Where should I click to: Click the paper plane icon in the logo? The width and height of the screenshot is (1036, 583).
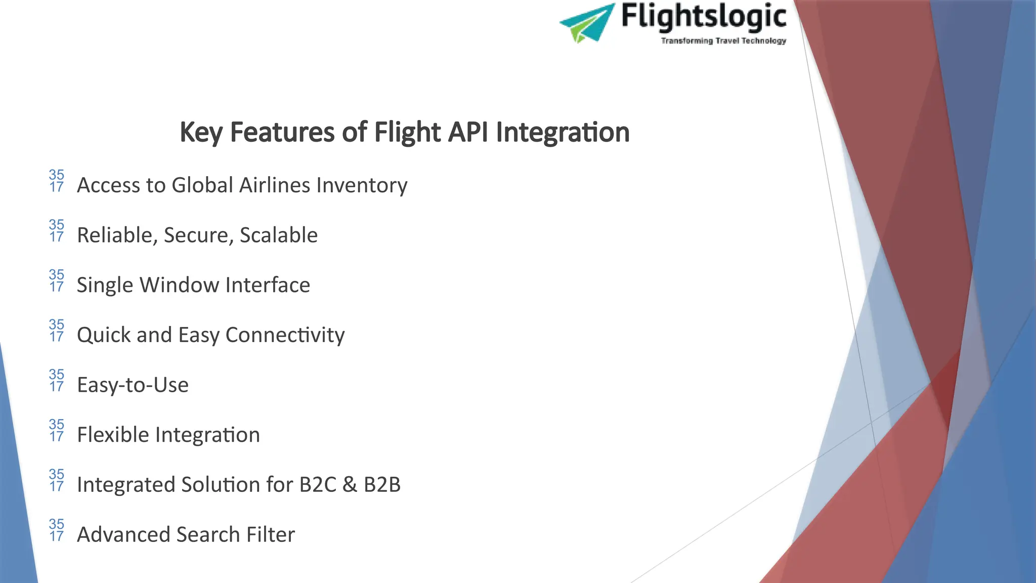point(587,23)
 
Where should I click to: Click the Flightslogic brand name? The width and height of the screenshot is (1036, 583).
point(703,16)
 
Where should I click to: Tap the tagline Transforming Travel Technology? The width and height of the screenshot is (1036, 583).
point(723,40)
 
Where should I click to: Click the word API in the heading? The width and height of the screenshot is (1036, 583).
point(468,132)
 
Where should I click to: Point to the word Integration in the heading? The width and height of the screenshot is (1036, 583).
point(563,133)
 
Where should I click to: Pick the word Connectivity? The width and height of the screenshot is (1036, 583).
point(285,335)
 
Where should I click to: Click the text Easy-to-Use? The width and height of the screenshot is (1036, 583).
point(133,385)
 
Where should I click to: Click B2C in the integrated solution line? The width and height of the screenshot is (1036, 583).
point(318,485)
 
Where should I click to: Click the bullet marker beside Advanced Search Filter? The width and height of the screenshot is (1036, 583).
point(57,530)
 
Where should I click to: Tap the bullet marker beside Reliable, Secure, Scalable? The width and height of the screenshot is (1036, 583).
point(57,231)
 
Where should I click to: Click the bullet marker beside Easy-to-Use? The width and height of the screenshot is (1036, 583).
point(57,381)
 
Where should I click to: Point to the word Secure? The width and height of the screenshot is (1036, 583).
point(198,235)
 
